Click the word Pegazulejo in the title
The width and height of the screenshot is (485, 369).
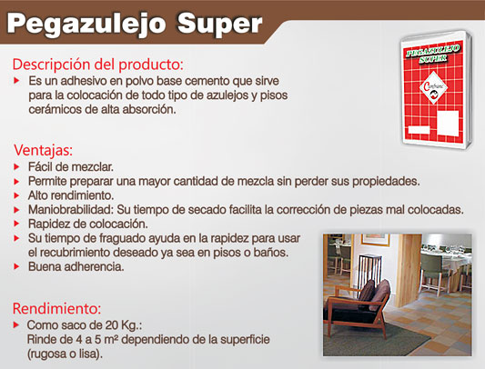86,25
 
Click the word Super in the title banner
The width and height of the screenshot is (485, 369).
219,24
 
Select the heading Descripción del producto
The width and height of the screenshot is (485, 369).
97,65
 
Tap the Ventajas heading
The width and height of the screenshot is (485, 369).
43,151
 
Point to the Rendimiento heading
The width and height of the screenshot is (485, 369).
57,308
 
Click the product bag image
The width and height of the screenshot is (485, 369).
436,89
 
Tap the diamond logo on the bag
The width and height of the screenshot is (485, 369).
434,88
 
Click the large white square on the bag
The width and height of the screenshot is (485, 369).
448,123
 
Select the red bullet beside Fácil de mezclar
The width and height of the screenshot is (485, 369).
16,167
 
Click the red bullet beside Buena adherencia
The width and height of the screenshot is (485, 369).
16,266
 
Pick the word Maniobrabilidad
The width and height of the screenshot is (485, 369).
69,210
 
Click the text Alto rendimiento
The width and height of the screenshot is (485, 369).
71,195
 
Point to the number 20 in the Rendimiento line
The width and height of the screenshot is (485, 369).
112,325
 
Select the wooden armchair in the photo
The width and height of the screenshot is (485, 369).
357,306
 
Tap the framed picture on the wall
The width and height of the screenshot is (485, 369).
375,240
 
